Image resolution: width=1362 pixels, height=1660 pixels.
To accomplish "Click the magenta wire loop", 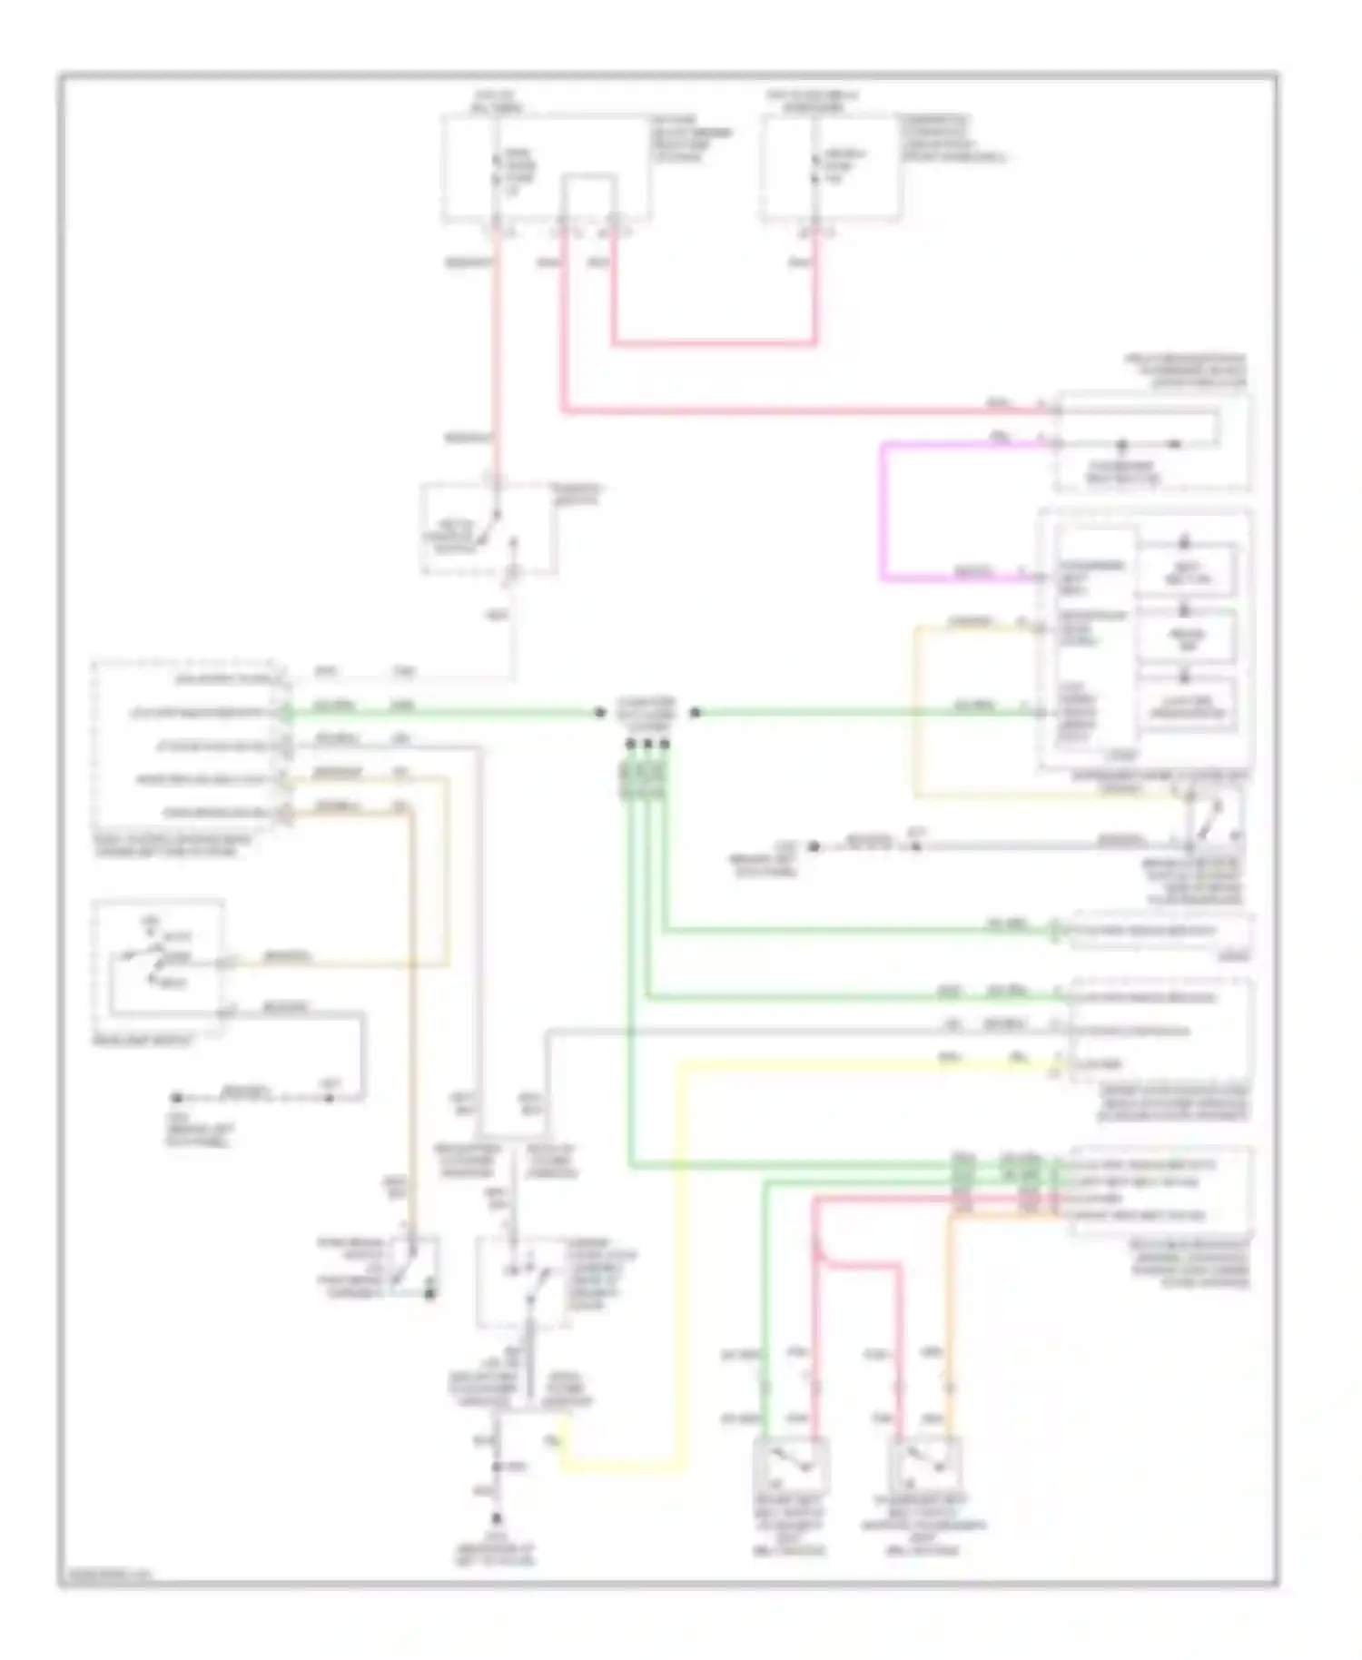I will [882, 509].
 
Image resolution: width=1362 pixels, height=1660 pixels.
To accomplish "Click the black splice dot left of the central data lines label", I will [599, 713].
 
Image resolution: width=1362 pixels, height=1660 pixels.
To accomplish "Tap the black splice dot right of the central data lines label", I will [695, 713].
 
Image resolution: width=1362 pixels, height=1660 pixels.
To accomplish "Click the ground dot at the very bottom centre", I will [497, 1518].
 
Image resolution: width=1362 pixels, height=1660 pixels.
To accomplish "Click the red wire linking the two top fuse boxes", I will [713, 344].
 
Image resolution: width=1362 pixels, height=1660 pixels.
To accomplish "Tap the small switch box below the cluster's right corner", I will [1213, 818].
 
